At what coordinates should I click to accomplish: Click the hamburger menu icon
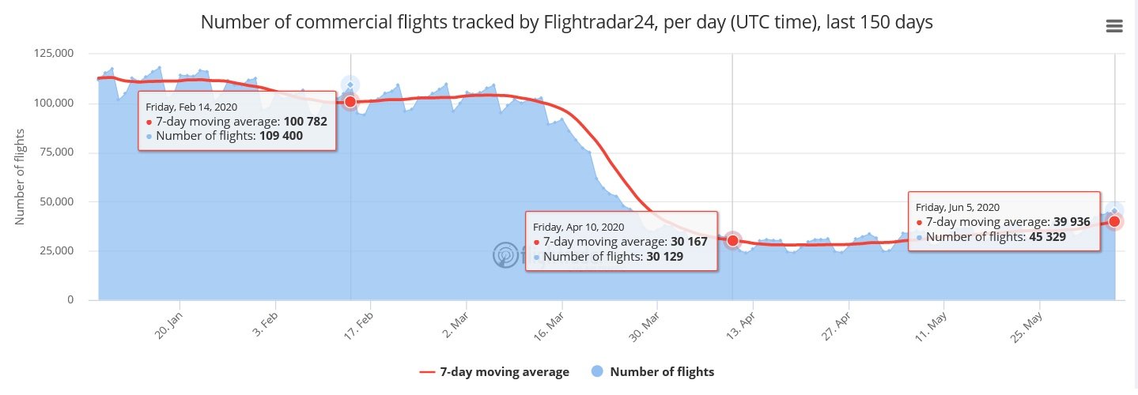point(1113,26)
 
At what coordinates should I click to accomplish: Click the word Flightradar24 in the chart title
point(594,22)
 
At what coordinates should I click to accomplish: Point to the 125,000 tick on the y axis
point(55,54)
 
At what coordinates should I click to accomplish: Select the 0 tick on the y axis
point(70,300)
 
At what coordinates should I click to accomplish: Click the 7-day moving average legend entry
point(494,372)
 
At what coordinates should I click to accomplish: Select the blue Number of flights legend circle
point(598,372)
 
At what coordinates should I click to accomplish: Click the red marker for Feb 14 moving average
point(350,101)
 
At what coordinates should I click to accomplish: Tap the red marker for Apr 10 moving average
point(733,240)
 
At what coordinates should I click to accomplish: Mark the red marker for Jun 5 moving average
point(1114,221)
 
